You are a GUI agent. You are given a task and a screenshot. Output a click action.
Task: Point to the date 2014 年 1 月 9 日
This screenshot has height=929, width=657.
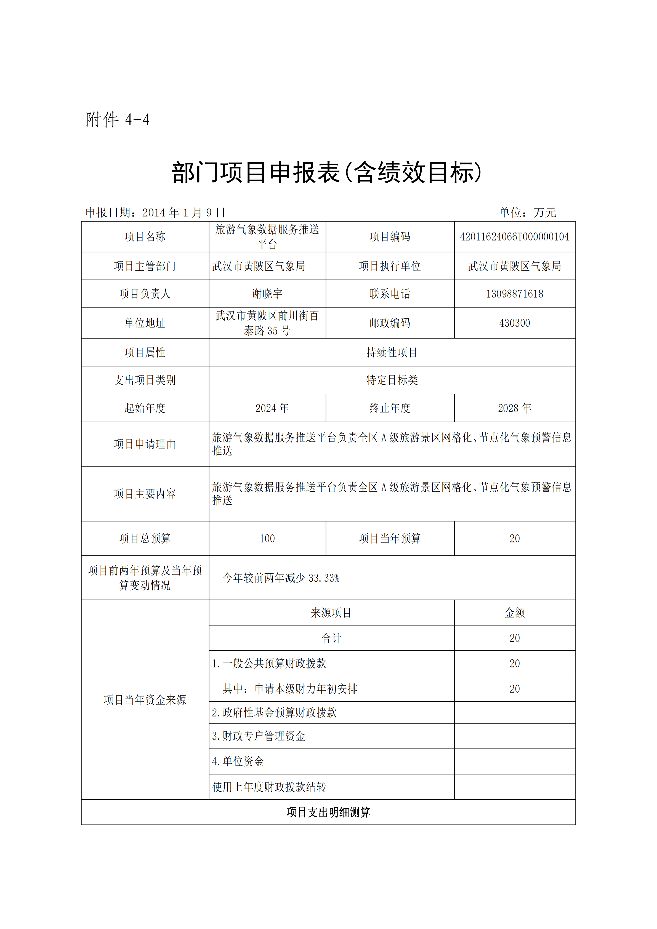pos(183,212)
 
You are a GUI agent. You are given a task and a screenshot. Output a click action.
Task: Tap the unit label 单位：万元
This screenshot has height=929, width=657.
pos(528,212)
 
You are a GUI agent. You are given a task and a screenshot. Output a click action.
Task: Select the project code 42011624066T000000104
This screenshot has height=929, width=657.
pos(514,237)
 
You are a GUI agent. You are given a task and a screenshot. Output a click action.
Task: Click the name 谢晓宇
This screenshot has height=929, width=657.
pos(267,294)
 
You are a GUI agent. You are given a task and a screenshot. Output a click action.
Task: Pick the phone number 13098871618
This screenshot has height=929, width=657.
pos(514,294)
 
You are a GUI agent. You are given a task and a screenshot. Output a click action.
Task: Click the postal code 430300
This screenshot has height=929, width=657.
pos(514,323)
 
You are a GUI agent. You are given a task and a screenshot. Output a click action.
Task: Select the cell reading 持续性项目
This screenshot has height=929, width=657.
pos(392,352)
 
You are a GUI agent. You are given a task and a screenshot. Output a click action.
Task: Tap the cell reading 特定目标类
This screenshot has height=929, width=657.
pos(392,380)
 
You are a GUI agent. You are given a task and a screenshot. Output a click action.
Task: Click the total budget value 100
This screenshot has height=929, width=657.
pos(267,539)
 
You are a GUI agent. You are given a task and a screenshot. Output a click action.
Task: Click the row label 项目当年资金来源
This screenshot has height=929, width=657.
pos(145,700)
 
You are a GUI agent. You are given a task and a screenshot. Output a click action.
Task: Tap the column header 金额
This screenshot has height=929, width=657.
pos(514,613)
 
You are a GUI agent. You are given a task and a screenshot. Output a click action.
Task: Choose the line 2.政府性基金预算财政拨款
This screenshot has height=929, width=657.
pos(274,712)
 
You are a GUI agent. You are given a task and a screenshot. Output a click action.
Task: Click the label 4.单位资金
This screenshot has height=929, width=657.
pos(238,762)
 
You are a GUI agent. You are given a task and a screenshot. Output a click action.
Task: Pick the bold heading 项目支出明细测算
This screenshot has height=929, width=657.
pos(328,812)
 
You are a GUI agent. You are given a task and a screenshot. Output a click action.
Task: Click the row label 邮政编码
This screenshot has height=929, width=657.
pos(390,323)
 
